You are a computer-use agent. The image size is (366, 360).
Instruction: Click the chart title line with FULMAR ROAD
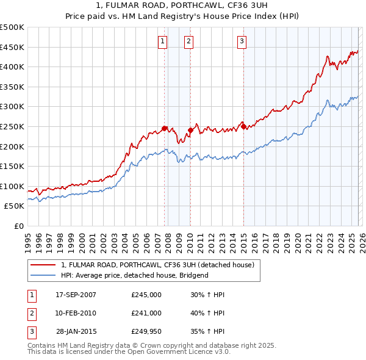click(182, 4)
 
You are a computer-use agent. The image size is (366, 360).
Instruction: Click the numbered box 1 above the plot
click(163, 41)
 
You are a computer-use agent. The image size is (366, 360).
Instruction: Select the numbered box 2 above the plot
click(188, 41)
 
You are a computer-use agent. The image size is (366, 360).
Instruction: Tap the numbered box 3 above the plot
click(242, 41)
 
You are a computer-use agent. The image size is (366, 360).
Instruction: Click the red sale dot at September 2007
click(165, 128)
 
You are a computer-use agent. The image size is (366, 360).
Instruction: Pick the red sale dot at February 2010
click(190, 130)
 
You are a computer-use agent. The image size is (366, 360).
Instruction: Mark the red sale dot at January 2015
click(243, 126)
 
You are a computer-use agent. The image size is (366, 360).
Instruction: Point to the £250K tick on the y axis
click(12, 126)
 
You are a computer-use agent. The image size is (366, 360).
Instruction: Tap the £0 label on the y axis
click(18, 226)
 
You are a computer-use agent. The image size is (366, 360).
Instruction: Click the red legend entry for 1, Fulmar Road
click(161, 265)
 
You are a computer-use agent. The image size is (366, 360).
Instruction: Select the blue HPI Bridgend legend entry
click(135, 275)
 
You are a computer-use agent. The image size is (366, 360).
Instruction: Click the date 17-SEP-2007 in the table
click(76, 295)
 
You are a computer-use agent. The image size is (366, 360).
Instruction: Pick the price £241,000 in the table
click(146, 313)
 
